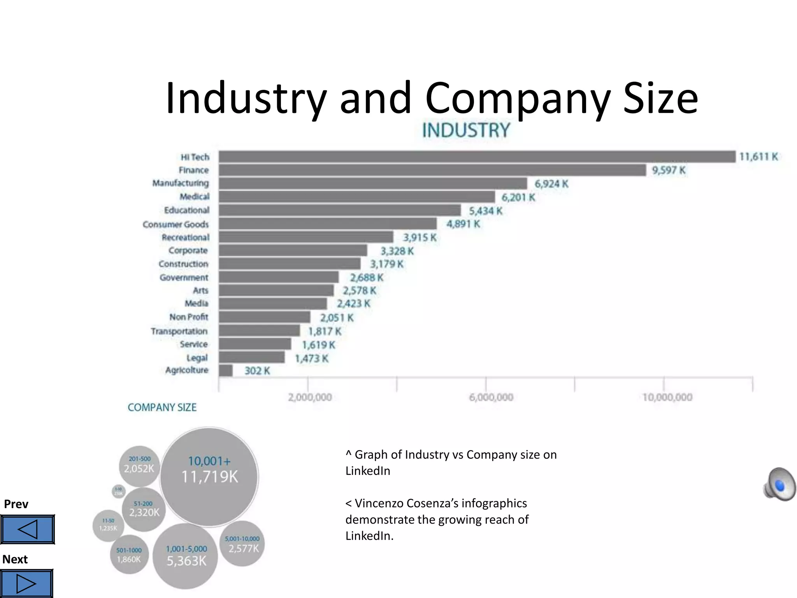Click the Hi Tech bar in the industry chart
tap(477, 157)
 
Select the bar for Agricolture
tap(226, 371)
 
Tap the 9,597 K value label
tap(669, 170)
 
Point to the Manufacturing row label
tap(180, 183)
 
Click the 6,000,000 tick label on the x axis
tap(491, 397)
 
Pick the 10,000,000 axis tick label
tap(667, 397)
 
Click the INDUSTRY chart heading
tap(466, 130)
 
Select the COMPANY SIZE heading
tap(162, 407)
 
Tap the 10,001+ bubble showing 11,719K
tap(209, 477)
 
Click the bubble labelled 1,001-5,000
tap(186, 556)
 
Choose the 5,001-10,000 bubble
tap(242, 544)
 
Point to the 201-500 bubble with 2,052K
tap(139, 466)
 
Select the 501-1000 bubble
tap(129, 555)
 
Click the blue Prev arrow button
tap(27, 529)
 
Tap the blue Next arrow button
tap(26, 583)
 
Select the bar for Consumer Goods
tap(327, 224)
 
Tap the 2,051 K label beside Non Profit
tap(337, 318)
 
